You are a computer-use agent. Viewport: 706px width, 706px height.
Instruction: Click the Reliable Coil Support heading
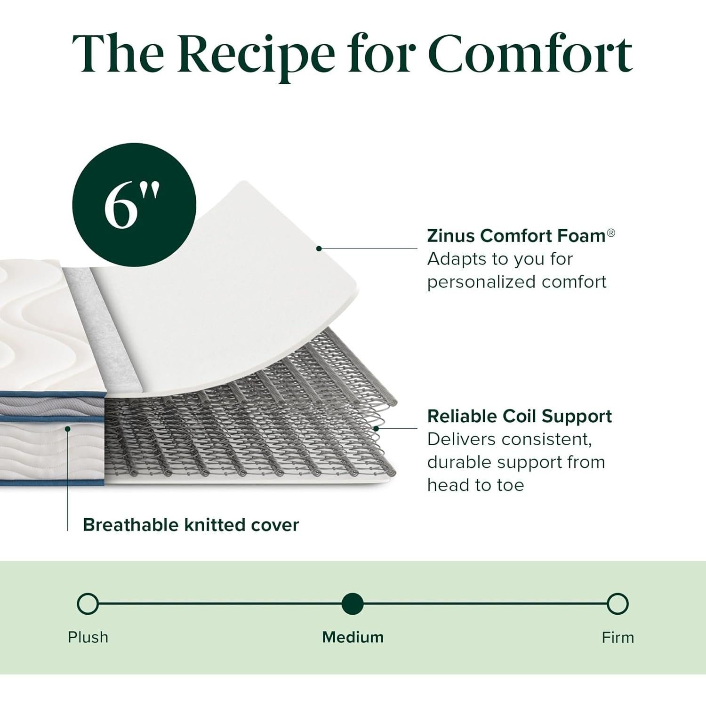coord(520,416)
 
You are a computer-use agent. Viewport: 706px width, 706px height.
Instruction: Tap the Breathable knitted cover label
coord(191,525)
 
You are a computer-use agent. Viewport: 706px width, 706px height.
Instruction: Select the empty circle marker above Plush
coord(88,604)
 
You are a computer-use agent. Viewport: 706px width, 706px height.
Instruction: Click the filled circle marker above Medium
coord(353,604)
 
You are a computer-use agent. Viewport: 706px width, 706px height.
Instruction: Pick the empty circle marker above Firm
coord(618,604)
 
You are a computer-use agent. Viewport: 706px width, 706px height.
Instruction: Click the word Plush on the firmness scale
coord(88,637)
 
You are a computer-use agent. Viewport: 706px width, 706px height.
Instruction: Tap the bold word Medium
coord(353,637)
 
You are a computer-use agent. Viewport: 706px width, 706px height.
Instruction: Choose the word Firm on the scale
coord(618,637)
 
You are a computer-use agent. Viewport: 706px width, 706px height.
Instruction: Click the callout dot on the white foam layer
coord(319,249)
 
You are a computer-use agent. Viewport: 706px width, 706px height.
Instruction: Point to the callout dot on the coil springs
coord(376,429)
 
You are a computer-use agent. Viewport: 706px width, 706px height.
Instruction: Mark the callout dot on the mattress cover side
coord(68,429)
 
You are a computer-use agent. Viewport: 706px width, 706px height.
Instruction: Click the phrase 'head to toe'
coord(475,485)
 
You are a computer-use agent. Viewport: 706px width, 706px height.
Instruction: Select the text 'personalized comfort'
coord(517,281)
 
